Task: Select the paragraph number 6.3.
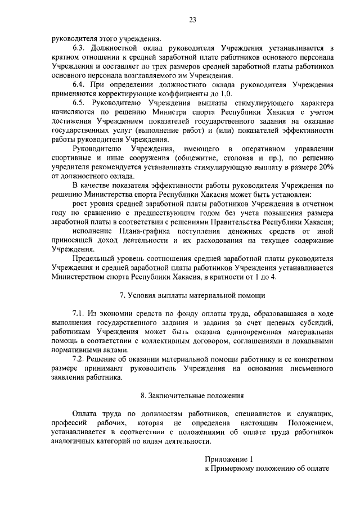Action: [78, 49]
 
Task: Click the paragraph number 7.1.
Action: [78, 313]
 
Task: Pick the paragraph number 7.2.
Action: [78, 358]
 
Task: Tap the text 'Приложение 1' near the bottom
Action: [226, 459]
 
